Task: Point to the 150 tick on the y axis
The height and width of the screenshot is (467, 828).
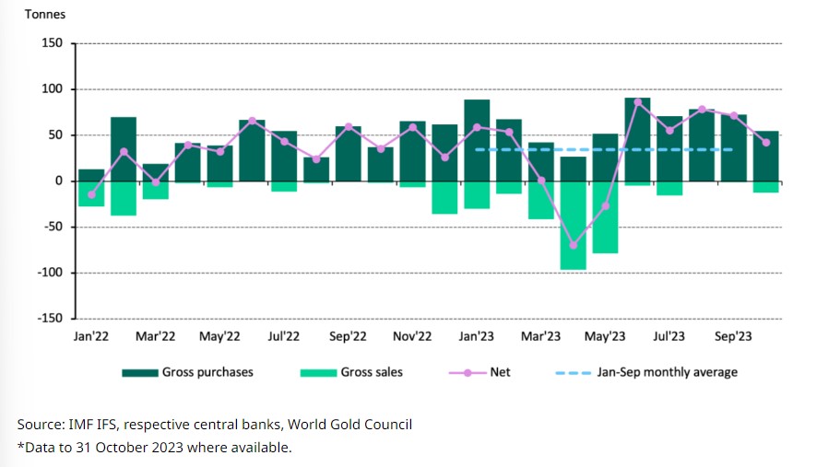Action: pos(52,43)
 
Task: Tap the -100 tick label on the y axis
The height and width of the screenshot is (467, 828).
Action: pos(50,273)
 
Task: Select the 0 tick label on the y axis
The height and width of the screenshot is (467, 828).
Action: pos(58,181)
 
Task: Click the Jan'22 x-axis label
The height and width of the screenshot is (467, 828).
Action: pos(90,337)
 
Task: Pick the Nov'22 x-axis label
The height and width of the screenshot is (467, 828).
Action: pos(412,337)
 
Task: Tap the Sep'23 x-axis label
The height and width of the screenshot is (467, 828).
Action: pos(734,337)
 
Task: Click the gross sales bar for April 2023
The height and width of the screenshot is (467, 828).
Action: pos(573,226)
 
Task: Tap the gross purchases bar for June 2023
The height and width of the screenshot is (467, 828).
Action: pos(637,139)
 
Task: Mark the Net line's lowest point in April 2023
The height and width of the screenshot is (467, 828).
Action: pos(573,245)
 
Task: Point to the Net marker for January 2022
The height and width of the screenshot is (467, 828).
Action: pos(91,194)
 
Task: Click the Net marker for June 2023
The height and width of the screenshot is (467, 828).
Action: pos(637,101)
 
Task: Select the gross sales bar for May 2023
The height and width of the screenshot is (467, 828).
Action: pos(605,216)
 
